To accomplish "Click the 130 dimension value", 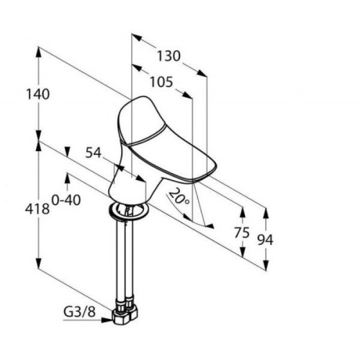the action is [x=168, y=56].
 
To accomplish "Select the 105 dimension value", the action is [x=161, y=82].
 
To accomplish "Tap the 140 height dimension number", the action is [x=37, y=94].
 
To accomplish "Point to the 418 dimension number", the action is [x=37, y=209].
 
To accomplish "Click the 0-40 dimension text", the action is [x=66, y=199].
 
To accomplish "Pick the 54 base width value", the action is [x=94, y=153].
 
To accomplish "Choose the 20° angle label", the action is [x=179, y=197].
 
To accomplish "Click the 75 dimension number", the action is [x=242, y=233].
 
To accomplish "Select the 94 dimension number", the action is [x=265, y=240].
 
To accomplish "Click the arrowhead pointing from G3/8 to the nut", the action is [x=107, y=320].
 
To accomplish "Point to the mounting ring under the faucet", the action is [x=129, y=211].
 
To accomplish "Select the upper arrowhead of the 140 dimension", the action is [x=38, y=53].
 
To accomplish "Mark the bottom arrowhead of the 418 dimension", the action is [x=39, y=264].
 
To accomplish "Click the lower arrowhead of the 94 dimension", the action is [x=266, y=266].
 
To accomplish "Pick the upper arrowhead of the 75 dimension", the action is [x=243, y=213].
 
